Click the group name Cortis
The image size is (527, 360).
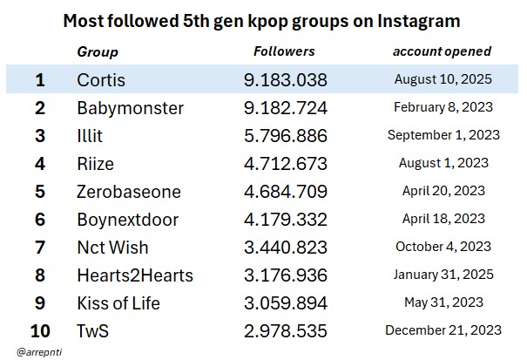pos(101,80)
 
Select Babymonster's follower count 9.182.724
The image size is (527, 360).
pos(286,108)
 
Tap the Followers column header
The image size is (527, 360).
pos(284,51)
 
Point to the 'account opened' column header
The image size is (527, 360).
pos(442,51)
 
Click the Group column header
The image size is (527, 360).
pos(98,52)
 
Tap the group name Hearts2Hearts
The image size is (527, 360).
pos(135,275)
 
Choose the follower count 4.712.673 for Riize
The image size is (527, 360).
pos(286,163)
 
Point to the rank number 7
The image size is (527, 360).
pos(39,248)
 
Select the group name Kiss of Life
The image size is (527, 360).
pos(118,303)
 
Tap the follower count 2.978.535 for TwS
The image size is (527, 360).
pos(286,331)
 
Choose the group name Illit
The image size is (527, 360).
pos(91,136)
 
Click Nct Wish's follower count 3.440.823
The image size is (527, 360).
pos(286,248)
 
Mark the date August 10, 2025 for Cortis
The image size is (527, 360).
pos(443,79)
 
